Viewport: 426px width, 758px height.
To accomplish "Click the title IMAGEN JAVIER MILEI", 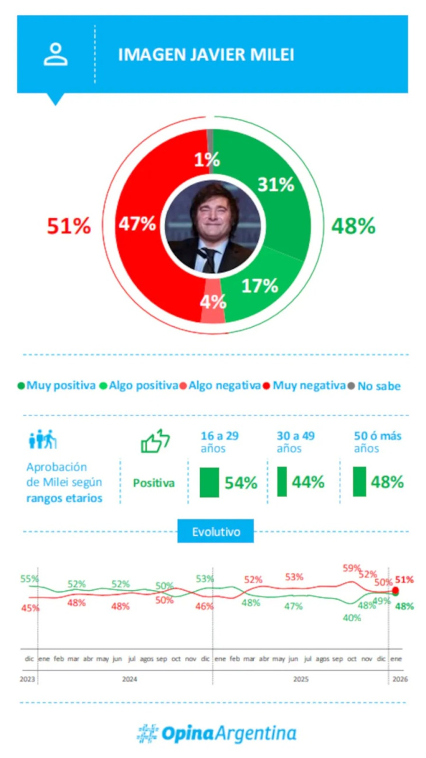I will coord(206,55).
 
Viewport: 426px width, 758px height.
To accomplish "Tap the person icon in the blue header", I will coord(55,54).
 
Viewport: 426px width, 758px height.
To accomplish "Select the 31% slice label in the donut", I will coord(276,185).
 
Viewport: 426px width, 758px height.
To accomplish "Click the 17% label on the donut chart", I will coord(260,285).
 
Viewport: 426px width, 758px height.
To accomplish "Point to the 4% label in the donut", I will coord(213,301).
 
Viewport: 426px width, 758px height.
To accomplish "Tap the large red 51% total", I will coord(69,226).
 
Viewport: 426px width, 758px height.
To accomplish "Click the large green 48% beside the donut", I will coord(353,226).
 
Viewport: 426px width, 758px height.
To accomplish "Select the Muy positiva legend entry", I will coord(57,385).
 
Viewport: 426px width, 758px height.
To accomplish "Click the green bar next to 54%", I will coord(209,482).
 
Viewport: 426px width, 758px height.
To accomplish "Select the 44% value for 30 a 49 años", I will coord(308,482).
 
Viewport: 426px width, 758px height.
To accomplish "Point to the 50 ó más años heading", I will coord(378,442).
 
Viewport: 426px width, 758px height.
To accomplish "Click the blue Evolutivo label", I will coord(215,531).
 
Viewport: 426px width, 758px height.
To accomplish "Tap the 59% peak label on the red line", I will coord(352,568).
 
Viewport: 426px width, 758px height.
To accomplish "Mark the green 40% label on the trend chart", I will coord(352,618).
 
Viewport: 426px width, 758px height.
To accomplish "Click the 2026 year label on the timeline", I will coord(400,679).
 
